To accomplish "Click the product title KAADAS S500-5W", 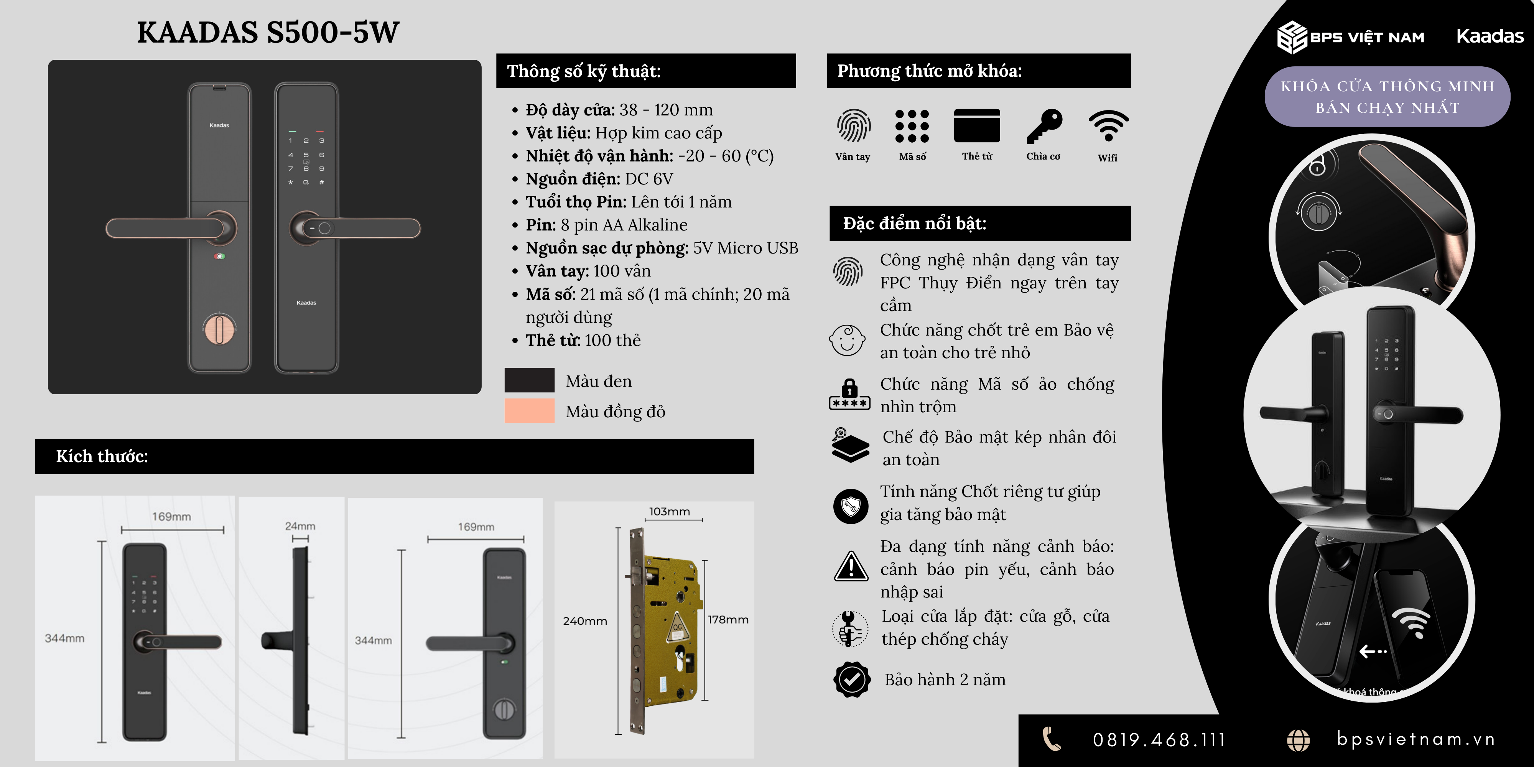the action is pyautogui.click(x=268, y=32).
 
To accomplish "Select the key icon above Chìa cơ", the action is pyautogui.click(x=1044, y=126).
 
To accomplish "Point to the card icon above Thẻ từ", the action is pyautogui.click(x=977, y=126).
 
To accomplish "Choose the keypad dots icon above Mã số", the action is pyautogui.click(x=912, y=126).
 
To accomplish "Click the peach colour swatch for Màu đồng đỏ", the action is pyautogui.click(x=529, y=411).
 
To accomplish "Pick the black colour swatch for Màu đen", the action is pyautogui.click(x=529, y=380).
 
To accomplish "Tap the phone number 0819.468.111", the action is pyautogui.click(x=1159, y=740).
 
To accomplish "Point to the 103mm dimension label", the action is pyautogui.click(x=669, y=512).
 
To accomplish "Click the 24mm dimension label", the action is pyautogui.click(x=300, y=526).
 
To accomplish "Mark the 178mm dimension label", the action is pyautogui.click(x=728, y=619).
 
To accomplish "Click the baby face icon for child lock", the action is pyautogui.click(x=847, y=340).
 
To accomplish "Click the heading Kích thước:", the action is pyautogui.click(x=102, y=456).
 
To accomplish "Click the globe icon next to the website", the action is pyautogui.click(x=1298, y=740).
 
